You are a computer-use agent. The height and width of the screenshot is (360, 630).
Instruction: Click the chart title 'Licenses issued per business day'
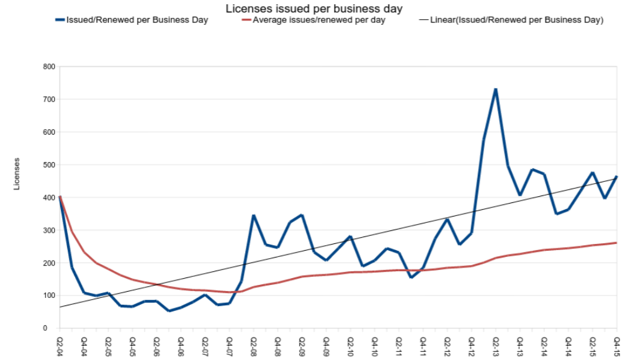click(x=314, y=9)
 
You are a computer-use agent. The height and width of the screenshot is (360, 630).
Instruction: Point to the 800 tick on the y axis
click(x=48, y=66)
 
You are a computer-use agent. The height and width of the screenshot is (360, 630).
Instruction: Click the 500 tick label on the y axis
click(x=48, y=164)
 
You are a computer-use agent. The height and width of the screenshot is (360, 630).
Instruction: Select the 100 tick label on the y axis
click(x=48, y=295)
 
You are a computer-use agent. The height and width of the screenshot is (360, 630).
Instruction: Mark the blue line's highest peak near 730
click(x=496, y=89)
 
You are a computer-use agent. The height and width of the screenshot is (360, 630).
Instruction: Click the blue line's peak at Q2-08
click(x=254, y=215)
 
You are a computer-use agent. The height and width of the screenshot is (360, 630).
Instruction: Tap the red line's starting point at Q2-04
click(x=60, y=197)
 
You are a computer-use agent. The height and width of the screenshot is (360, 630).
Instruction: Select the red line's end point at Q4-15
click(x=616, y=243)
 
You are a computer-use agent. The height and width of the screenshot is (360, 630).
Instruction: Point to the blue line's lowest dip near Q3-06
click(x=169, y=310)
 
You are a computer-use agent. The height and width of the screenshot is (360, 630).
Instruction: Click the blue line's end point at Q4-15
click(x=616, y=177)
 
